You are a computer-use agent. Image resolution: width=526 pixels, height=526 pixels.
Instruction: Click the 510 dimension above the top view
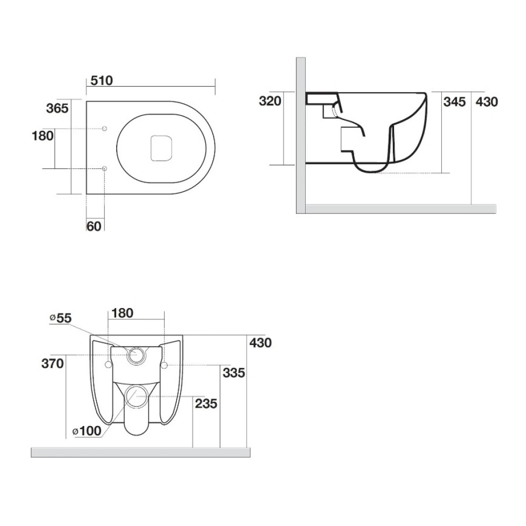[x=102, y=80]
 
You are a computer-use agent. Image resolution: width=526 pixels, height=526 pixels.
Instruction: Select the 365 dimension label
[x=57, y=108]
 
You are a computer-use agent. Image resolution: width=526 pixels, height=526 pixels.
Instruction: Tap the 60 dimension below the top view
[x=94, y=226]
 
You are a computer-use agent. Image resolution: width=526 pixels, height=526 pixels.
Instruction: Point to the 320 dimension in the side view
[x=270, y=101]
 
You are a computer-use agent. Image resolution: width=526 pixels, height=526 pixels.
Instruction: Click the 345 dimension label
[x=454, y=102]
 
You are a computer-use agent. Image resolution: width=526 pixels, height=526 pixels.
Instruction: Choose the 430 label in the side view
[x=487, y=102]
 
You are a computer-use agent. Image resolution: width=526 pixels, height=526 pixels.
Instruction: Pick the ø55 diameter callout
[x=60, y=318]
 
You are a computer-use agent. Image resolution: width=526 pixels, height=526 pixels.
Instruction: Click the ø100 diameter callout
[x=87, y=431]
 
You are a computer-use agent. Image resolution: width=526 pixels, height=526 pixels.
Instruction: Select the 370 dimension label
[x=53, y=363]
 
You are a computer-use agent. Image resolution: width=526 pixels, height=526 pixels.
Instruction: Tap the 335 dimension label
[x=234, y=373]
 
